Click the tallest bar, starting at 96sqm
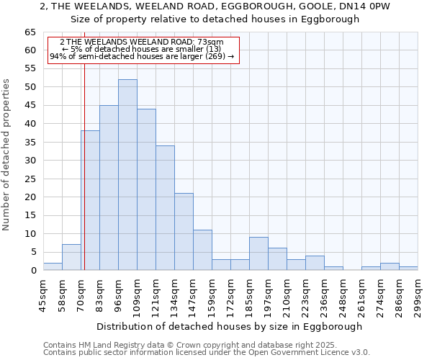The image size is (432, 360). coord(127,175)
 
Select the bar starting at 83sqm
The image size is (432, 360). coord(109,188)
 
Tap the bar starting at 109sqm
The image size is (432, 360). coord(146,189)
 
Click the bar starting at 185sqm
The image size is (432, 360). coord(258,253)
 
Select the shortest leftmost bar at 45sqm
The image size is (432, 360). coord(53,266)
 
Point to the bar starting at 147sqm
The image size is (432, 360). coord(202,250)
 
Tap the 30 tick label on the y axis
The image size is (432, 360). coord(30,161)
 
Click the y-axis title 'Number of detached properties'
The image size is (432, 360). coord(7,155)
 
